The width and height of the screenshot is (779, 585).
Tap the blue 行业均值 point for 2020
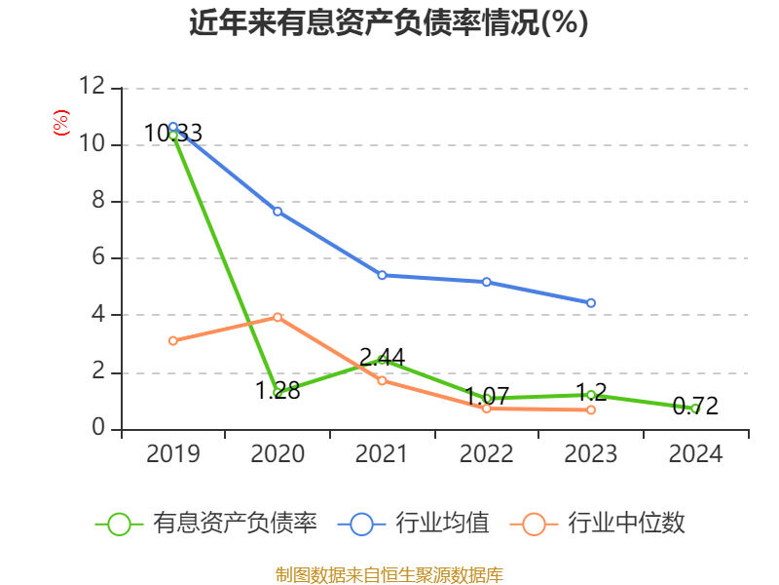pyautogui.click(x=278, y=212)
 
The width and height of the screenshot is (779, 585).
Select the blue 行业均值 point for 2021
pyautogui.click(x=382, y=275)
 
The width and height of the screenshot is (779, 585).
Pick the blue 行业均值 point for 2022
pyautogui.click(x=486, y=282)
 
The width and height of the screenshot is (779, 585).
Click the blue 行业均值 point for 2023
pyautogui.click(x=591, y=303)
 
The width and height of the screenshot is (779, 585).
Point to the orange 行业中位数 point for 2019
pyautogui.click(x=172, y=340)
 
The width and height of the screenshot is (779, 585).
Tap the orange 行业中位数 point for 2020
pyautogui.click(x=278, y=317)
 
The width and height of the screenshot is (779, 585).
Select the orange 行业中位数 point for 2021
pyautogui.click(x=382, y=380)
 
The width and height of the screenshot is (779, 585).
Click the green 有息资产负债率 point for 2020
pyautogui.click(x=278, y=392)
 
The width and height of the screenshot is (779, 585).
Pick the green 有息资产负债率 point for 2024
pyautogui.click(x=695, y=409)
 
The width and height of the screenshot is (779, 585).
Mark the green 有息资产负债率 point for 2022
pyautogui.click(x=486, y=398)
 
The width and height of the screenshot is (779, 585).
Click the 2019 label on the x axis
pyautogui.click(x=172, y=454)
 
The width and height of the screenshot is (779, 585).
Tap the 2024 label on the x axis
pyautogui.click(x=695, y=454)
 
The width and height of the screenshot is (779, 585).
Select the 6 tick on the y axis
pyautogui.click(x=97, y=258)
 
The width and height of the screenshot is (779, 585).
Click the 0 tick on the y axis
pyautogui.click(x=97, y=429)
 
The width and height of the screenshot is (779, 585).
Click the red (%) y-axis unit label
pyautogui.click(x=61, y=124)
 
